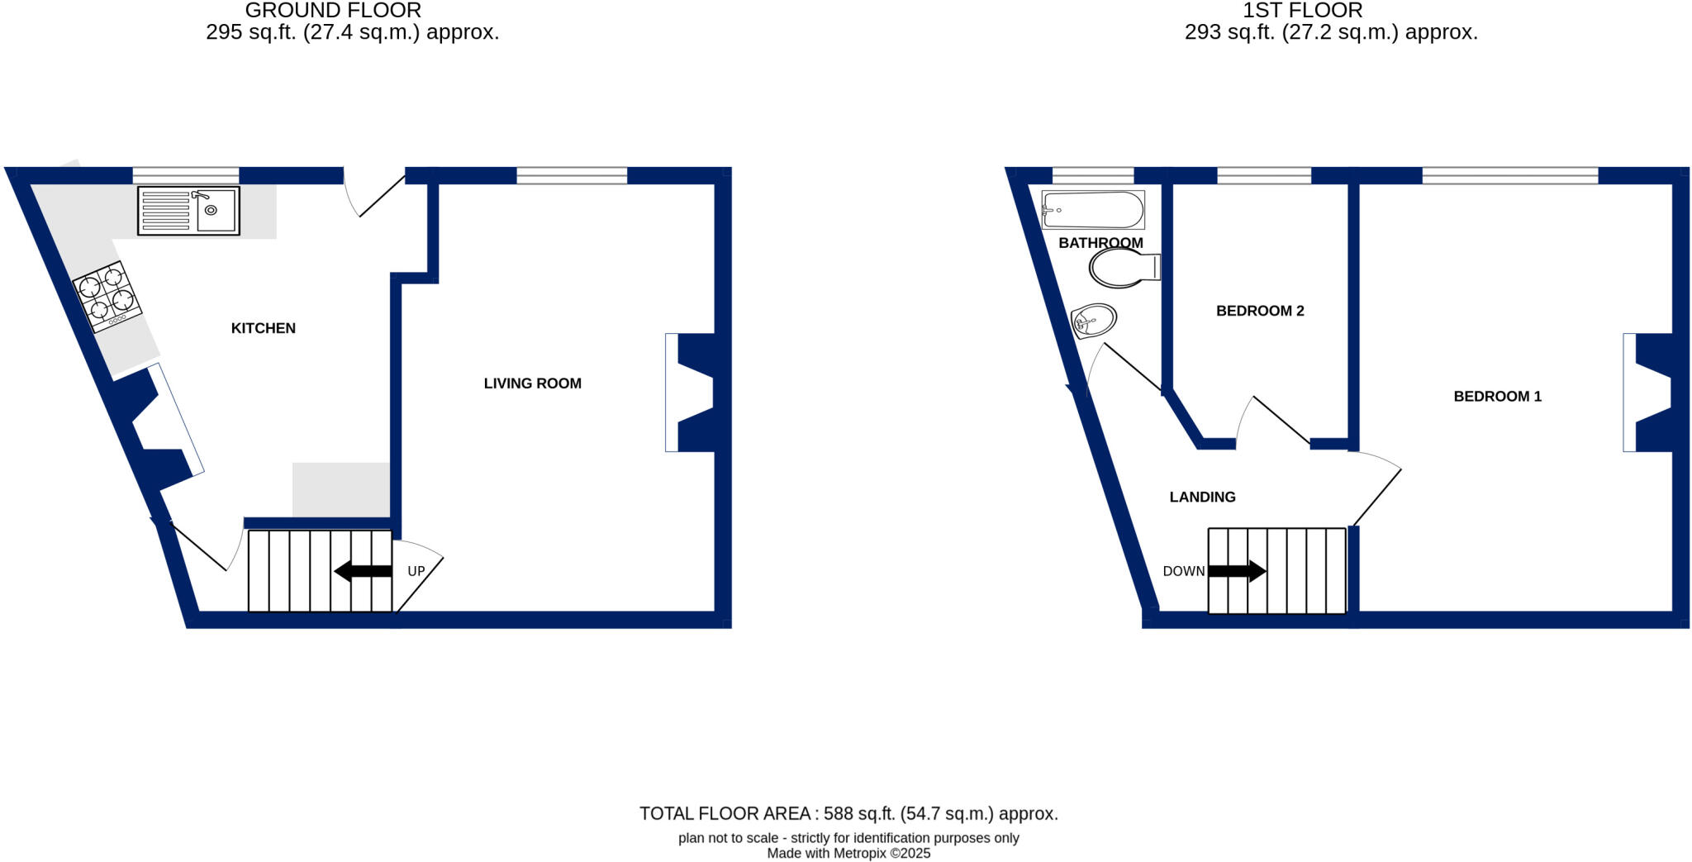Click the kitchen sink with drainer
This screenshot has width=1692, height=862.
pyautogui.click(x=188, y=211)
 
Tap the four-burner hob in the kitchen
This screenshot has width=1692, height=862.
pyautogui.click(x=107, y=296)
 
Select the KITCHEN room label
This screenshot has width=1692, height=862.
pyautogui.click(x=263, y=328)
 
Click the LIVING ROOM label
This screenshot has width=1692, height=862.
pyautogui.click(x=532, y=383)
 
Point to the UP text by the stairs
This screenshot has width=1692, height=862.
pyautogui.click(x=416, y=571)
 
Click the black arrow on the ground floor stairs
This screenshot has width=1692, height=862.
pyautogui.click(x=363, y=570)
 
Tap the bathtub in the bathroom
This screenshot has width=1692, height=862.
pyautogui.click(x=1092, y=210)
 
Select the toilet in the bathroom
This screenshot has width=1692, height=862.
pyautogui.click(x=1124, y=268)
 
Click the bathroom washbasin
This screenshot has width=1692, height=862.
pyautogui.click(x=1093, y=320)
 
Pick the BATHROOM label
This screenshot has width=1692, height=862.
pyautogui.click(x=1100, y=243)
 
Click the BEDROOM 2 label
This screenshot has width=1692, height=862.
pyautogui.click(x=1260, y=311)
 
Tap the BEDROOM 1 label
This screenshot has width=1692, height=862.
pyautogui.click(x=1497, y=397)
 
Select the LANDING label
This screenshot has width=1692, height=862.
pyautogui.click(x=1202, y=497)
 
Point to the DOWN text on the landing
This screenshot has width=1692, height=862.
pyautogui.click(x=1183, y=571)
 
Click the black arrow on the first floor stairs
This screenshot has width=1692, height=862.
pyautogui.click(x=1237, y=570)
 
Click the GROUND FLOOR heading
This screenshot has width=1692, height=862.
pyautogui.click(x=333, y=11)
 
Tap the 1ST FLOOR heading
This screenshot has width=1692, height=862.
pyautogui.click(x=1302, y=11)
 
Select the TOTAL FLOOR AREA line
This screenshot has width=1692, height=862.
pyautogui.click(x=848, y=813)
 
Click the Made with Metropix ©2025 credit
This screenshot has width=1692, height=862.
pyautogui.click(x=848, y=854)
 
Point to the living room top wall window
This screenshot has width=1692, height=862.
pyautogui.click(x=572, y=175)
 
